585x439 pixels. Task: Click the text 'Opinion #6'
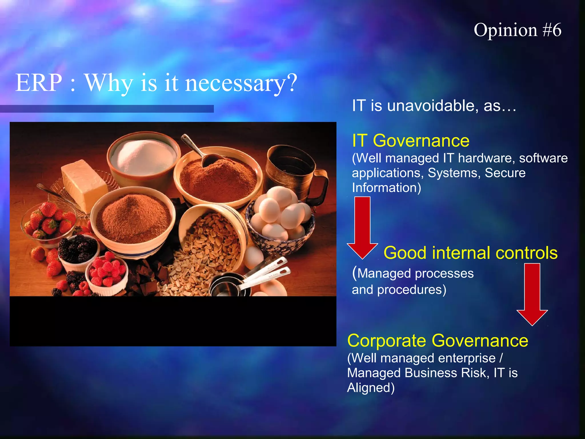pyautogui.click(x=517, y=30)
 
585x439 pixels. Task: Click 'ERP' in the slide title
pyautogui.click(x=39, y=83)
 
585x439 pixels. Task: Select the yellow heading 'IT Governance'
pyautogui.click(x=410, y=141)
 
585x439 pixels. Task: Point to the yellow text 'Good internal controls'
pyautogui.click(x=470, y=253)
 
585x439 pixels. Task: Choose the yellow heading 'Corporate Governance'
pyautogui.click(x=438, y=341)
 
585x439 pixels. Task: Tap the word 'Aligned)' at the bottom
pyautogui.click(x=370, y=388)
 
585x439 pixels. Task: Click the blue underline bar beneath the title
pyautogui.click(x=107, y=109)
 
